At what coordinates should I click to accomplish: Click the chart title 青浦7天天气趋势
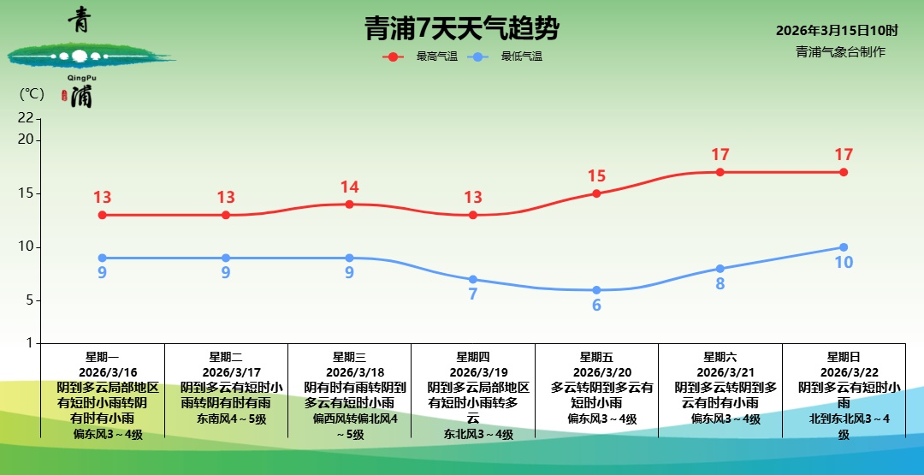[x=462, y=29]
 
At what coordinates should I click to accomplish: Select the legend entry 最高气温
[x=436, y=56]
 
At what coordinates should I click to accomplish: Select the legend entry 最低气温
[x=521, y=56]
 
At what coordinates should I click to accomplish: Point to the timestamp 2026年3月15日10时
[x=837, y=31]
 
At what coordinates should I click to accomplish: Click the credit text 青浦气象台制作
[x=840, y=51]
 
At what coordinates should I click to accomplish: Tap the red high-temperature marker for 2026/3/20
[x=596, y=193]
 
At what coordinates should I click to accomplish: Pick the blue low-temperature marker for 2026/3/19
[x=473, y=279]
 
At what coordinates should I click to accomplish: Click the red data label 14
[x=349, y=187]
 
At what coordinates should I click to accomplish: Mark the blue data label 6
[x=596, y=306]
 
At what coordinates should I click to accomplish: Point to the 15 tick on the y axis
[x=27, y=193]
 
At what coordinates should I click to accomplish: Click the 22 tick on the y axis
[x=26, y=118]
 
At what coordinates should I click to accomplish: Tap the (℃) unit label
[x=31, y=94]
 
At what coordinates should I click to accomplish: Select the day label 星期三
[x=349, y=357]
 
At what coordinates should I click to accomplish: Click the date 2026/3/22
[x=844, y=372]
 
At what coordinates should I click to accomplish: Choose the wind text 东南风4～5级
[x=226, y=419]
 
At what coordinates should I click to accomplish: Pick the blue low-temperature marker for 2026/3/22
[x=844, y=247]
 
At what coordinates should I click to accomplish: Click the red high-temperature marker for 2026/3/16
[x=103, y=215]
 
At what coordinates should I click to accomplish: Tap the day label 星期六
[x=720, y=357]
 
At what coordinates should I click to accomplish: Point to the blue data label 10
[x=844, y=263]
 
